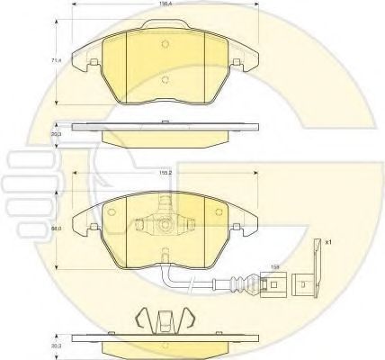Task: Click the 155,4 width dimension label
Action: tap(165, 4)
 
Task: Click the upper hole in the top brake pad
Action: tap(165, 46)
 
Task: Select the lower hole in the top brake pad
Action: tap(165, 78)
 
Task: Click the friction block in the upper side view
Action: tap(165, 137)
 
